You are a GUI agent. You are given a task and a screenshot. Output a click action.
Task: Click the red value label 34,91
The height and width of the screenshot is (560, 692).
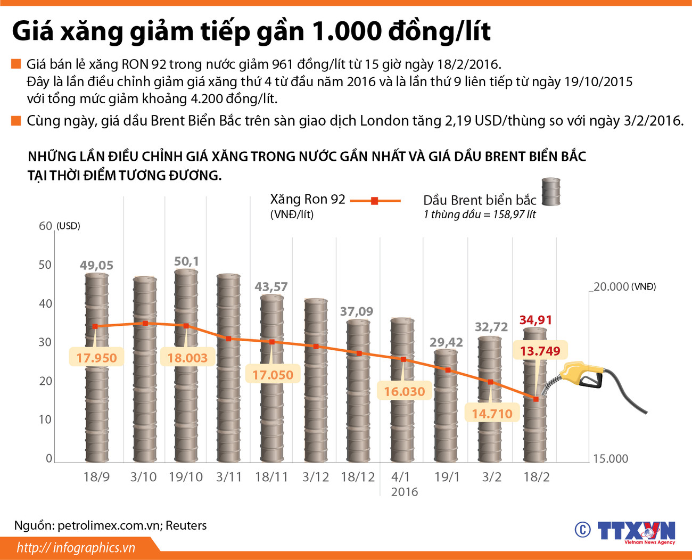536,320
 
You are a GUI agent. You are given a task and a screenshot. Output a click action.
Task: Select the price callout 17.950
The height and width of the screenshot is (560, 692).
96,358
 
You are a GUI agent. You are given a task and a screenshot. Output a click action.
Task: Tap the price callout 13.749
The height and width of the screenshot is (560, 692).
540,351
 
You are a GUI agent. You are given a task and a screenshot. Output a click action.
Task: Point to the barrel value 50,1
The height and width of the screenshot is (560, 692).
186,261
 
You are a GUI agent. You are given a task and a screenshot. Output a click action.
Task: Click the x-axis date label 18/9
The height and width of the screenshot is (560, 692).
96,477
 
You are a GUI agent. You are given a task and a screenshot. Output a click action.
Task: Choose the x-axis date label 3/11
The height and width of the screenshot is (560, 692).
229,477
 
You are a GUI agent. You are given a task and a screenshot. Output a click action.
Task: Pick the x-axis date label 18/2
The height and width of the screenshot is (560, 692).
536,477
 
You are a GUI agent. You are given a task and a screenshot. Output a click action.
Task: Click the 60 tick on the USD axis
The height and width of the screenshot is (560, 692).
45,226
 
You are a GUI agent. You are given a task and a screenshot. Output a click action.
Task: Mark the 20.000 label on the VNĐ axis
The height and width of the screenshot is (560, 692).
611,286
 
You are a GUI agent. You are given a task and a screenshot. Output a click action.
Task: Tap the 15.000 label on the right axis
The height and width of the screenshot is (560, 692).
610,459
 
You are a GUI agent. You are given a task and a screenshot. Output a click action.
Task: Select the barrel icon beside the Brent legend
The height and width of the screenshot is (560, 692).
550,192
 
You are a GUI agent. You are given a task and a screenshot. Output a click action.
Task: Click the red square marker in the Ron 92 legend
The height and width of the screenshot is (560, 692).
374,201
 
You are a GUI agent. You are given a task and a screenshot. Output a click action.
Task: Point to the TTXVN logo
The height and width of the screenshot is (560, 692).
636,531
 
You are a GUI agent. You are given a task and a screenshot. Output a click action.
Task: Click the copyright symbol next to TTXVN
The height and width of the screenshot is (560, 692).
582,530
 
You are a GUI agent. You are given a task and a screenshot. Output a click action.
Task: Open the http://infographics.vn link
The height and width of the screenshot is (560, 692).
76,548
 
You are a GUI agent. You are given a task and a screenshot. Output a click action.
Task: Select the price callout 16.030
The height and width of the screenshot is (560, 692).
404,392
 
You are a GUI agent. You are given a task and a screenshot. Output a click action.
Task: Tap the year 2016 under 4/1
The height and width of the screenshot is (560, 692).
404,492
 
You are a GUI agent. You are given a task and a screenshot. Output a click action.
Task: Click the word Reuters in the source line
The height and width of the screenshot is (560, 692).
186,525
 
